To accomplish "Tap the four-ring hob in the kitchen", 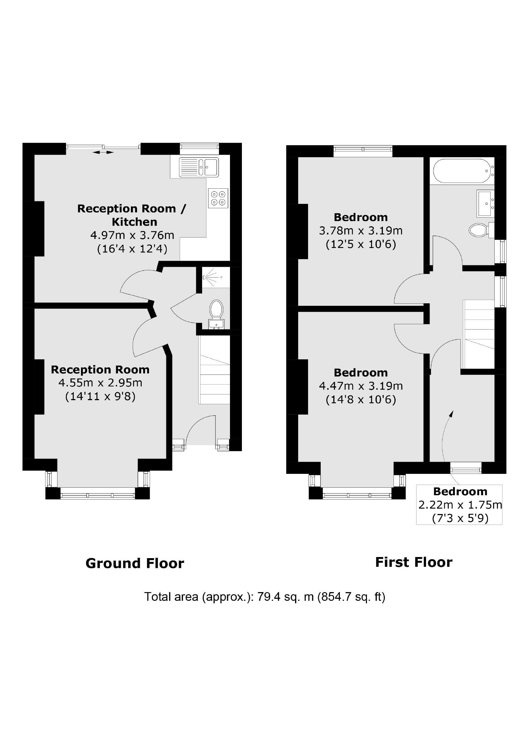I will tap(218, 198).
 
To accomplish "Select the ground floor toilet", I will tap(216, 309).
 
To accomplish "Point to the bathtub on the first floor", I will tap(462, 171).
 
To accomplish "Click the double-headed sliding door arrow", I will tap(103, 153).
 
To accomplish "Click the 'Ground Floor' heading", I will tap(135, 563).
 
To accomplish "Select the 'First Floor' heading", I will tap(414, 562).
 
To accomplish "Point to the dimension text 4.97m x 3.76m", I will tap(132, 235).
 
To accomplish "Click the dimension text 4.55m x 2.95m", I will tap(100, 382).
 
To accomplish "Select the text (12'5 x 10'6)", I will tap(361, 244).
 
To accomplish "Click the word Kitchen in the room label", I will tap(134, 222).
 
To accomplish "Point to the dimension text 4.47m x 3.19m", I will tap(361, 386).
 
